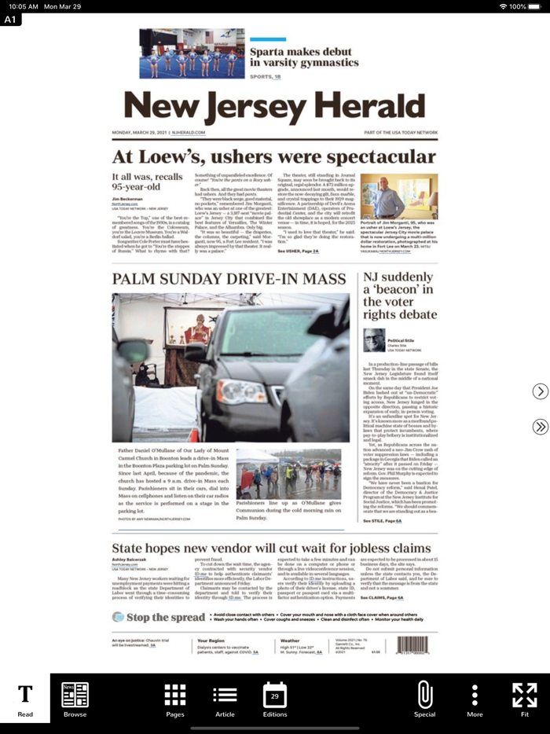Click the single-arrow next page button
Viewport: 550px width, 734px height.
[x=540, y=391]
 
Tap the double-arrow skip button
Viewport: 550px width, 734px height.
[x=540, y=427]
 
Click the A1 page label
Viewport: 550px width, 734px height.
[x=11, y=20]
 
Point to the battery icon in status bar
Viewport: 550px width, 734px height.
[x=538, y=6]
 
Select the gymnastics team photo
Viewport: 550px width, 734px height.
[x=192, y=53]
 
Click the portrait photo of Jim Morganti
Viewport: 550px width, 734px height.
[x=399, y=197]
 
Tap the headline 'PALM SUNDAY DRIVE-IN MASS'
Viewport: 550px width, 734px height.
[x=229, y=279]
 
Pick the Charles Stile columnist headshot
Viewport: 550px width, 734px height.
[x=374, y=339]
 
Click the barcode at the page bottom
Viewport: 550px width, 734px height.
[x=412, y=645]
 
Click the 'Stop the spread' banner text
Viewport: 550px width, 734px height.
[x=166, y=618]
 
